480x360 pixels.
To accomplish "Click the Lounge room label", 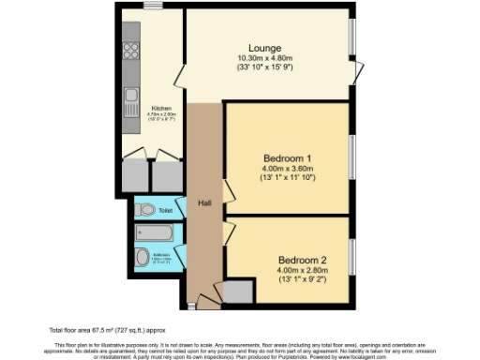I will (265, 48).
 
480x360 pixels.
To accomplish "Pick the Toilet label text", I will (165, 211).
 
